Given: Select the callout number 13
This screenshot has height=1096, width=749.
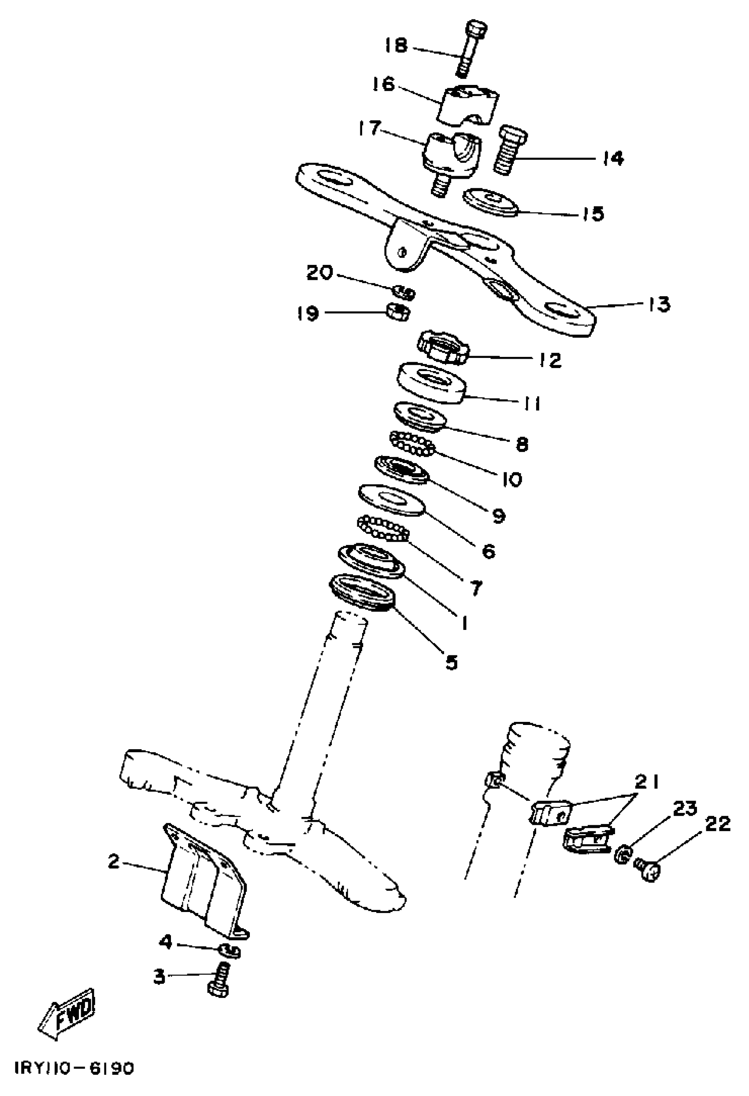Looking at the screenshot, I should click(658, 304).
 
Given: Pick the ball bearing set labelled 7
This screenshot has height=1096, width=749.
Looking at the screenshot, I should click(383, 529).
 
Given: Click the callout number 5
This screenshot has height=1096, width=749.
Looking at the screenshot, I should click(451, 662).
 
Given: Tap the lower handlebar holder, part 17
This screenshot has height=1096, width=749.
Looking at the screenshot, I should click(450, 156).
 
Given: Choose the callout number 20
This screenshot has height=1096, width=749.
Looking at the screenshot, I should click(319, 272).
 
